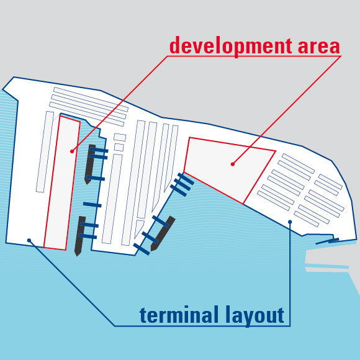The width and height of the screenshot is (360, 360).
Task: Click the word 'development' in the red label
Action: point(231,47)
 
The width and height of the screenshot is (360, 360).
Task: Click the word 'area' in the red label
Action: point(318,47)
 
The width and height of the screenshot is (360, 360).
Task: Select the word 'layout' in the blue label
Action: point(254,316)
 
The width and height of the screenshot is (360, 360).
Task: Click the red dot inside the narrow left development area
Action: point(72,151)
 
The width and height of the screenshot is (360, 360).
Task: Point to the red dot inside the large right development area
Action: point(233,164)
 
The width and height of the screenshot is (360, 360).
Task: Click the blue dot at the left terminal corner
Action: point(29,240)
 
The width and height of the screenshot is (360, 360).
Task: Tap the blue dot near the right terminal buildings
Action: point(290,222)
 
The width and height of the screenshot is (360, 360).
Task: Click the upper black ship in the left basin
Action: point(90,164)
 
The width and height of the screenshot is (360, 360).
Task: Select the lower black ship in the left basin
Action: point(80,236)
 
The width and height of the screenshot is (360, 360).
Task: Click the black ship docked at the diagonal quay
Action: point(163,233)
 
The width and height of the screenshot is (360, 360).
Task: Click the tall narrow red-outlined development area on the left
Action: point(62,183)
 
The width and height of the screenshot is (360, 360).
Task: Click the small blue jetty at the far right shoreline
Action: point(327,241)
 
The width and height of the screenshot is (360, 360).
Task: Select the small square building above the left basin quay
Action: point(119,147)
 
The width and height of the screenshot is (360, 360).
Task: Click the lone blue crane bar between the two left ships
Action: point(92,205)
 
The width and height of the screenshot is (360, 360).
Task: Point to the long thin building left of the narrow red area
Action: point(45,152)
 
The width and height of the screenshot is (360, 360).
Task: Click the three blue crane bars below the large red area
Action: point(182,184)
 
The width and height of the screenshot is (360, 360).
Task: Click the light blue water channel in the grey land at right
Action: point(327,266)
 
